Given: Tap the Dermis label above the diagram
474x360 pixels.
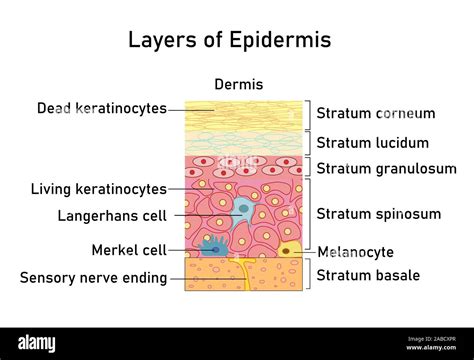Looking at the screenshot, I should coord(239,85).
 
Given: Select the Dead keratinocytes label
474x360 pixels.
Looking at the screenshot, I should coord(101,108).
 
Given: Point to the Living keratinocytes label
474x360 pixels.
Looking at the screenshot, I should coord(99,188).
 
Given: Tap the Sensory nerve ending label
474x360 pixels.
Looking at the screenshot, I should coord(93,277).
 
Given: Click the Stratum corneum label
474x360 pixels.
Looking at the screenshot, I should coord(376,113).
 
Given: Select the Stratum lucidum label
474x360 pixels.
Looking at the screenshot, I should coord(373,142).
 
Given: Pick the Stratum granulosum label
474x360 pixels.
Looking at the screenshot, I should coord(386,168).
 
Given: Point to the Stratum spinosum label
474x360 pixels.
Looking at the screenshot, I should coord(378,213).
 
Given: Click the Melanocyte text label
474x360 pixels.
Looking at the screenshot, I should coord(355,251).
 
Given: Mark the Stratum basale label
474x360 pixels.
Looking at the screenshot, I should coord(368,275).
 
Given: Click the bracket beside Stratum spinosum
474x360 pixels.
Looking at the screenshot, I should coord(308,213).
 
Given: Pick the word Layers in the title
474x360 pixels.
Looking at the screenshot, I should coord(161,40).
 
